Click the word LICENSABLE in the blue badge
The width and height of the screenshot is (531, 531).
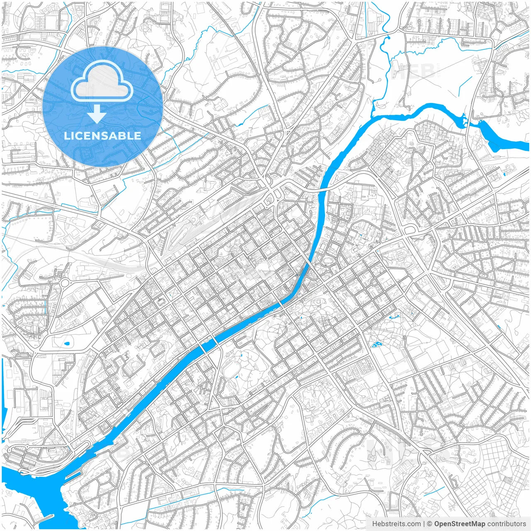(x=102, y=136)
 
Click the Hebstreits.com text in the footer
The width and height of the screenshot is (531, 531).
(x=396, y=524)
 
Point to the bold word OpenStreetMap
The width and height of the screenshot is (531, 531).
(x=460, y=524)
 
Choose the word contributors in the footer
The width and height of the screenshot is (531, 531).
(x=507, y=524)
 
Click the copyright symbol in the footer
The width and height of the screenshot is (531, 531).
(x=430, y=524)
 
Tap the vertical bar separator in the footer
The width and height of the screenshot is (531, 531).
(x=424, y=524)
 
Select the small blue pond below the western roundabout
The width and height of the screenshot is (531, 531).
(x=67, y=343)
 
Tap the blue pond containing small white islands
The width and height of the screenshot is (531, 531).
(x=377, y=344)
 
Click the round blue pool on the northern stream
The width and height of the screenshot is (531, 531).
(x=389, y=38)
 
